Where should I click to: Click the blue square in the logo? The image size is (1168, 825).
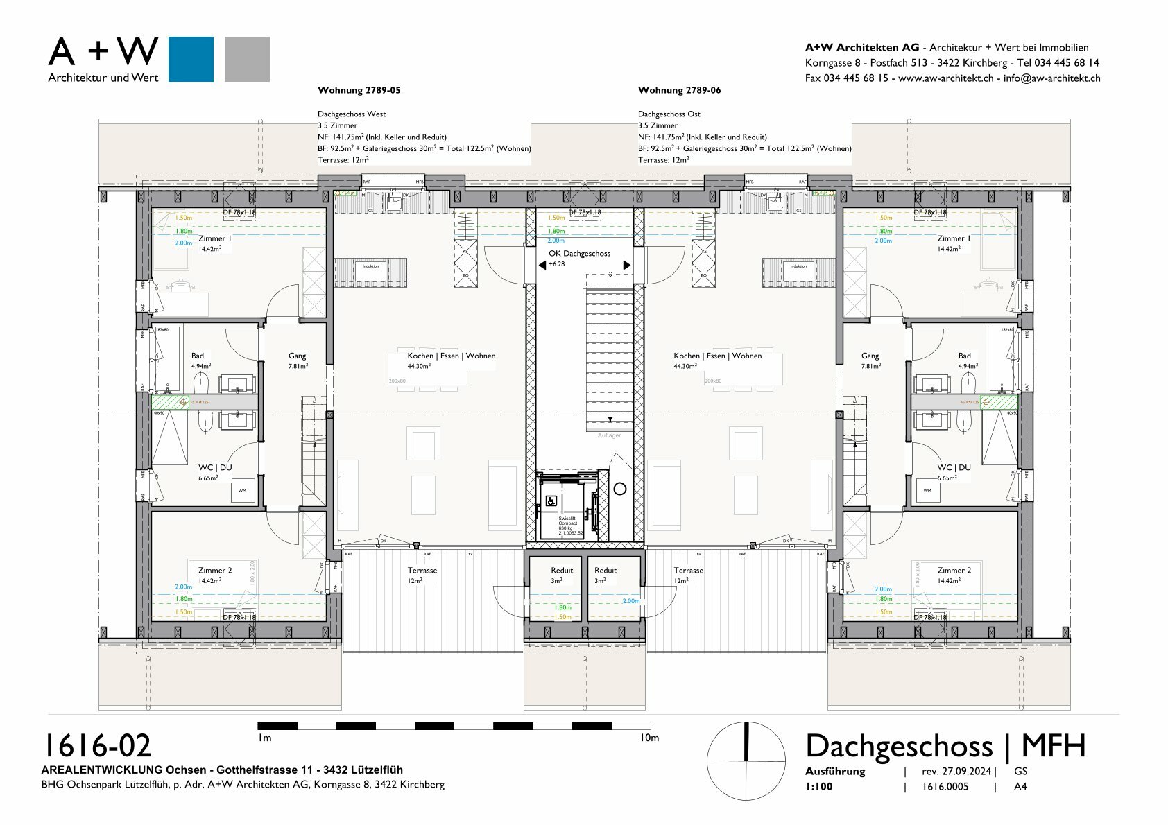pos(191,59)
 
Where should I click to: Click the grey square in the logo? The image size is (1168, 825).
pos(247,59)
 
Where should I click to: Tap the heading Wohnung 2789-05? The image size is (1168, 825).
pos(359,90)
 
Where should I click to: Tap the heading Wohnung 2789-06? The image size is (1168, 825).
pos(679,90)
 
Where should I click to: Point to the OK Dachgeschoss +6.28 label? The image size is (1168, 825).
pos(579,258)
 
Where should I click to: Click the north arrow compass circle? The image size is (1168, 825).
pos(746,761)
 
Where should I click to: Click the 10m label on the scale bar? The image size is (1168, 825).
pos(649,738)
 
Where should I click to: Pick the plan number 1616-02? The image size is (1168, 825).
pos(97,746)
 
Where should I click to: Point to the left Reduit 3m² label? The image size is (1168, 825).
pos(561,575)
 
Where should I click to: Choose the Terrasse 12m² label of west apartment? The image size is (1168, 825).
pos(422,575)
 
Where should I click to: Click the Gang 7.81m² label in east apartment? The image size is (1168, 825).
pos(870,361)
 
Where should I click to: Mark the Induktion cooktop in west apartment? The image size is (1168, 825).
pos(370,266)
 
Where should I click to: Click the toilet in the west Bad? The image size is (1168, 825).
pos(201,381)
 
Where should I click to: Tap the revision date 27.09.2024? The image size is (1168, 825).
pos(956,772)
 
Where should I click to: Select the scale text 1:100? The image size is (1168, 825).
pos(819,787)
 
